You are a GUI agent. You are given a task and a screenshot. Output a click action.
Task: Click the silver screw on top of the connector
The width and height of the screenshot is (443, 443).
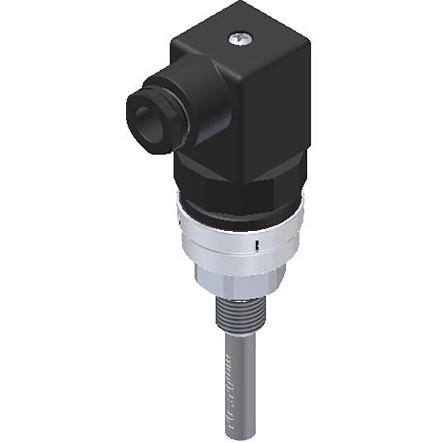pyautogui.click(x=240, y=40)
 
